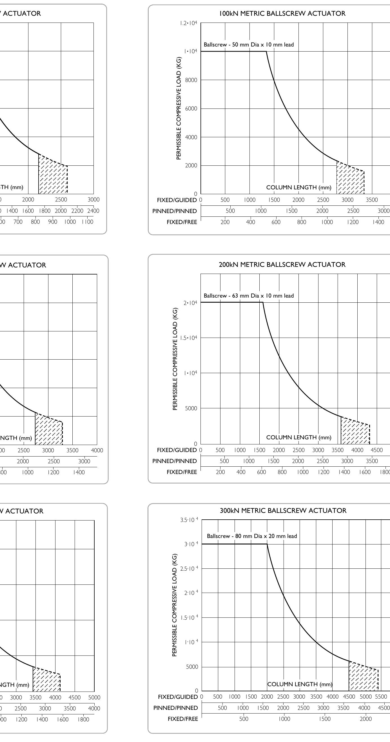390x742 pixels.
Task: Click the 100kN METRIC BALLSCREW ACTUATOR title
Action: (282, 14)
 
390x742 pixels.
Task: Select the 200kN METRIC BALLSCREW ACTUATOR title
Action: (282, 264)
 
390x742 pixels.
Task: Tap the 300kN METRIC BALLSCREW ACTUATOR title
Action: (283, 510)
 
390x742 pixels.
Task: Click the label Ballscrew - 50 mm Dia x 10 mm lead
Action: (249, 45)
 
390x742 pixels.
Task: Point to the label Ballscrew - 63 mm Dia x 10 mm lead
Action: (249, 296)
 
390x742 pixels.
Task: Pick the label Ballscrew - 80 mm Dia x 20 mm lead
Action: (252, 536)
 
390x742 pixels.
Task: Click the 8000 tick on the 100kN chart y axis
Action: (191, 80)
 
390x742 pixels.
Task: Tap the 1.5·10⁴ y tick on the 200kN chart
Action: (189, 338)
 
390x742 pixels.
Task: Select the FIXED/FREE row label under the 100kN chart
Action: (182, 222)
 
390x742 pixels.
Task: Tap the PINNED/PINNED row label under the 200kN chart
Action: (174, 461)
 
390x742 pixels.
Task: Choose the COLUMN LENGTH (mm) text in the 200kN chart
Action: (298, 437)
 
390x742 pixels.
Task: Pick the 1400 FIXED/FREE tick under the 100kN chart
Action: (378, 222)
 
